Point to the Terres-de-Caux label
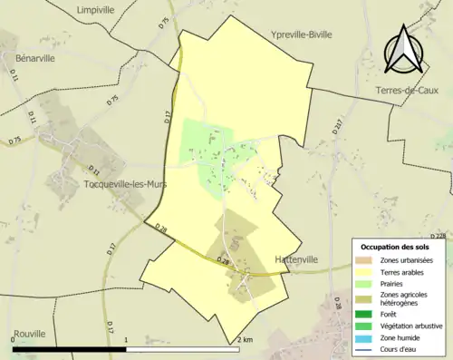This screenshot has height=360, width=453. pos(413,91)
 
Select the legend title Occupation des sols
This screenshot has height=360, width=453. pos(401,246)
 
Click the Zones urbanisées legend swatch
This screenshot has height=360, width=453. pos(362,260)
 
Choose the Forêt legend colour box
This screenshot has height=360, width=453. pos(362,314)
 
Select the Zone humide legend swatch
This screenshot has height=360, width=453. pos(362,336)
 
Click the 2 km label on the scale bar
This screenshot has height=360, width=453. pos(245,339)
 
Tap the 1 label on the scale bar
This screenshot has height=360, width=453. pos(125,339)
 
